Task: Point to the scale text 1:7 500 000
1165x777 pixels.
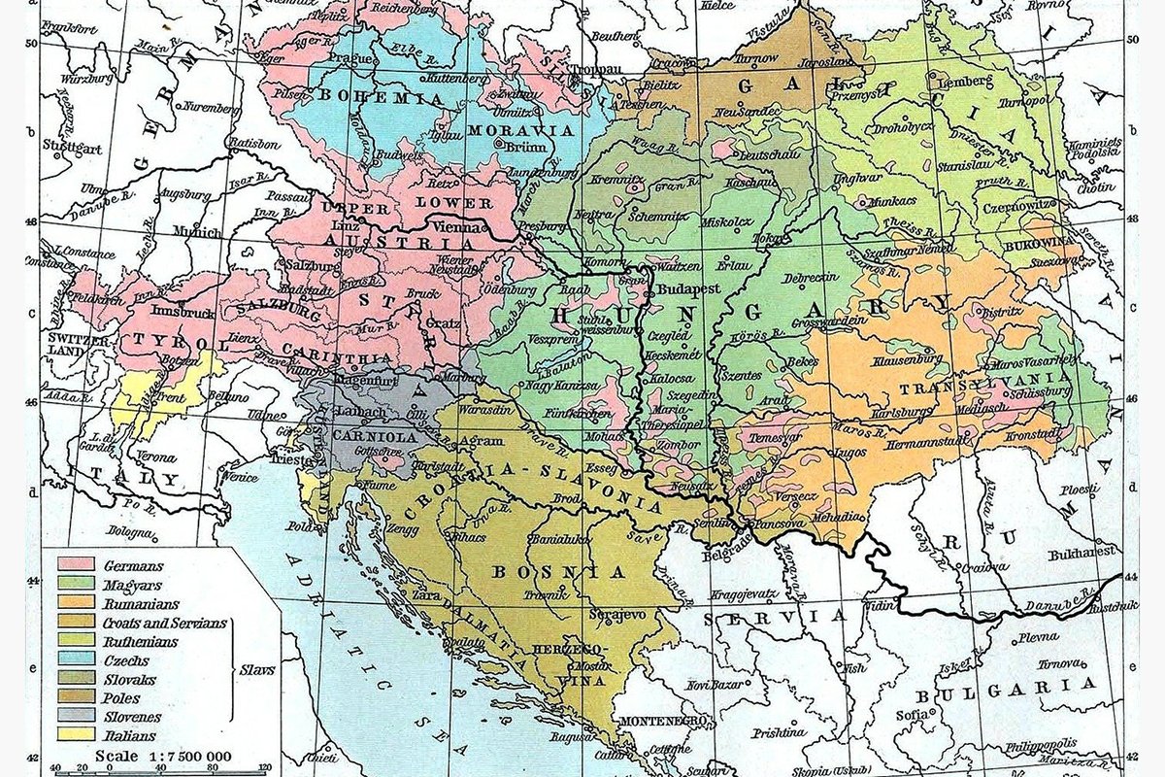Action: tap(163, 755)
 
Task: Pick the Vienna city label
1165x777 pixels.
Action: tap(465, 224)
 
